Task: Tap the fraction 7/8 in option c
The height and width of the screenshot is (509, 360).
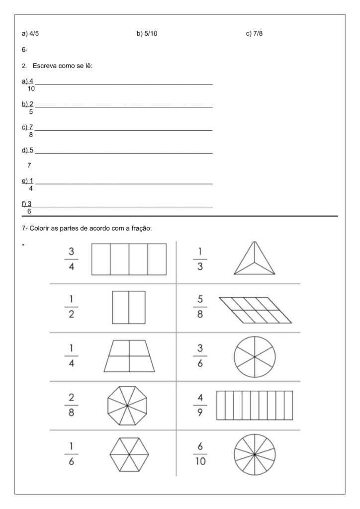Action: coord(258,34)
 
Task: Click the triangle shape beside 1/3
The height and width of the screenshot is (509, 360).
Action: coord(255,259)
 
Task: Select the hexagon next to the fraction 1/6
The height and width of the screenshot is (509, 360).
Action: coord(129,454)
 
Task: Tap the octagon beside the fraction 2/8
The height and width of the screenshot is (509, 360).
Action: coord(127,406)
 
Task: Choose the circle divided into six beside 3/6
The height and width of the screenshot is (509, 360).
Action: coord(255,356)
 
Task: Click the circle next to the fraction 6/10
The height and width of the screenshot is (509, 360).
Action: coord(255,454)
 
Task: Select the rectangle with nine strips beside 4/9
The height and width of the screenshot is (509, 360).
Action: coord(255,406)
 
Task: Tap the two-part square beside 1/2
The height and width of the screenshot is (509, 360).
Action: coord(129,308)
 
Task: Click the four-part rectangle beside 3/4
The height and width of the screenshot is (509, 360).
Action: coord(129,259)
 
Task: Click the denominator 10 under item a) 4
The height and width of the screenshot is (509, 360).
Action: coord(31,89)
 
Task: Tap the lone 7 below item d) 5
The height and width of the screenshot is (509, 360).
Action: coord(29,165)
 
